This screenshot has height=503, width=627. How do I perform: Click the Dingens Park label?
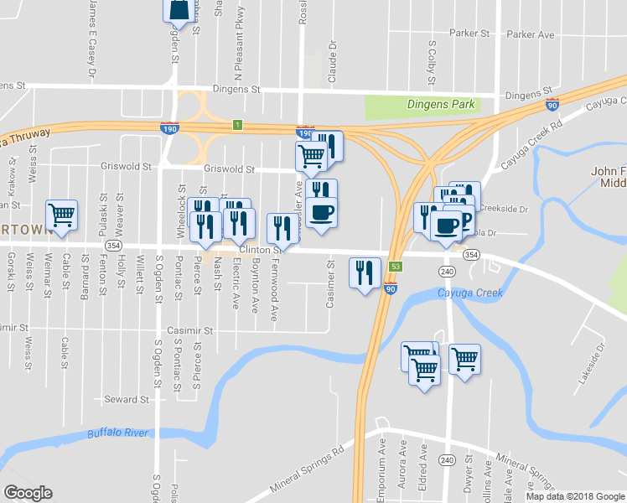[441, 105]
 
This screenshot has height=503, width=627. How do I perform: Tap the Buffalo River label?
[117, 433]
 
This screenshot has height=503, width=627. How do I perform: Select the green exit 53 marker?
[396, 266]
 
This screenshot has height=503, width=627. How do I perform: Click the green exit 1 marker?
[237, 126]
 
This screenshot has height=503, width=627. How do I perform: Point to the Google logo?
[28, 493]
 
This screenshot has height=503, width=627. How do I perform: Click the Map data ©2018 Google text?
[574, 496]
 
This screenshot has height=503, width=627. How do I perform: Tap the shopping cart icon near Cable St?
[62, 215]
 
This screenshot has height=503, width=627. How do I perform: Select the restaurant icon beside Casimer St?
[364, 272]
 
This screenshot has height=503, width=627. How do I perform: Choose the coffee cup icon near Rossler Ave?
[320, 212]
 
